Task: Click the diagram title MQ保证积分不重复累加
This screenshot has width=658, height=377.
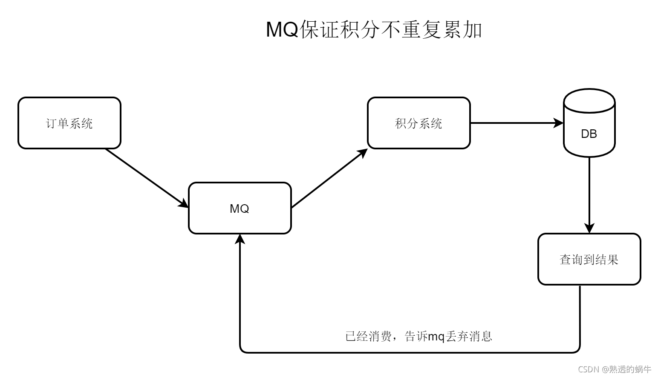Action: [374, 30]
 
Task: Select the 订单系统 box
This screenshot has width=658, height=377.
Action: [69, 123]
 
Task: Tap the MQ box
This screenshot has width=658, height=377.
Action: [240, 208]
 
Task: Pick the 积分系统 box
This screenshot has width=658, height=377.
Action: [418, 123]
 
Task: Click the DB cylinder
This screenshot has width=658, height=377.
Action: [589, 123]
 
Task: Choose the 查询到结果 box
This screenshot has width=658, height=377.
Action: [589, 259]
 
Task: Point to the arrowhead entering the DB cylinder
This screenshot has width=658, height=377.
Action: [559, 123]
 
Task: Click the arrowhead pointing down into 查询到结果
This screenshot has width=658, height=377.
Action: [589, 228]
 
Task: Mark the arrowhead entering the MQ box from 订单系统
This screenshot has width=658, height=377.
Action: [184, 204]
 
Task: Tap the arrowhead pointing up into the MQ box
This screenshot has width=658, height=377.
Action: [240, 239]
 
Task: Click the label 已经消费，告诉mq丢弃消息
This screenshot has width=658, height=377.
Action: [418, 337]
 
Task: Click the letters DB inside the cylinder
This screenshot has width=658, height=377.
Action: [589, 134]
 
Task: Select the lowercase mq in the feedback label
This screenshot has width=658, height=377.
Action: [436, 337]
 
